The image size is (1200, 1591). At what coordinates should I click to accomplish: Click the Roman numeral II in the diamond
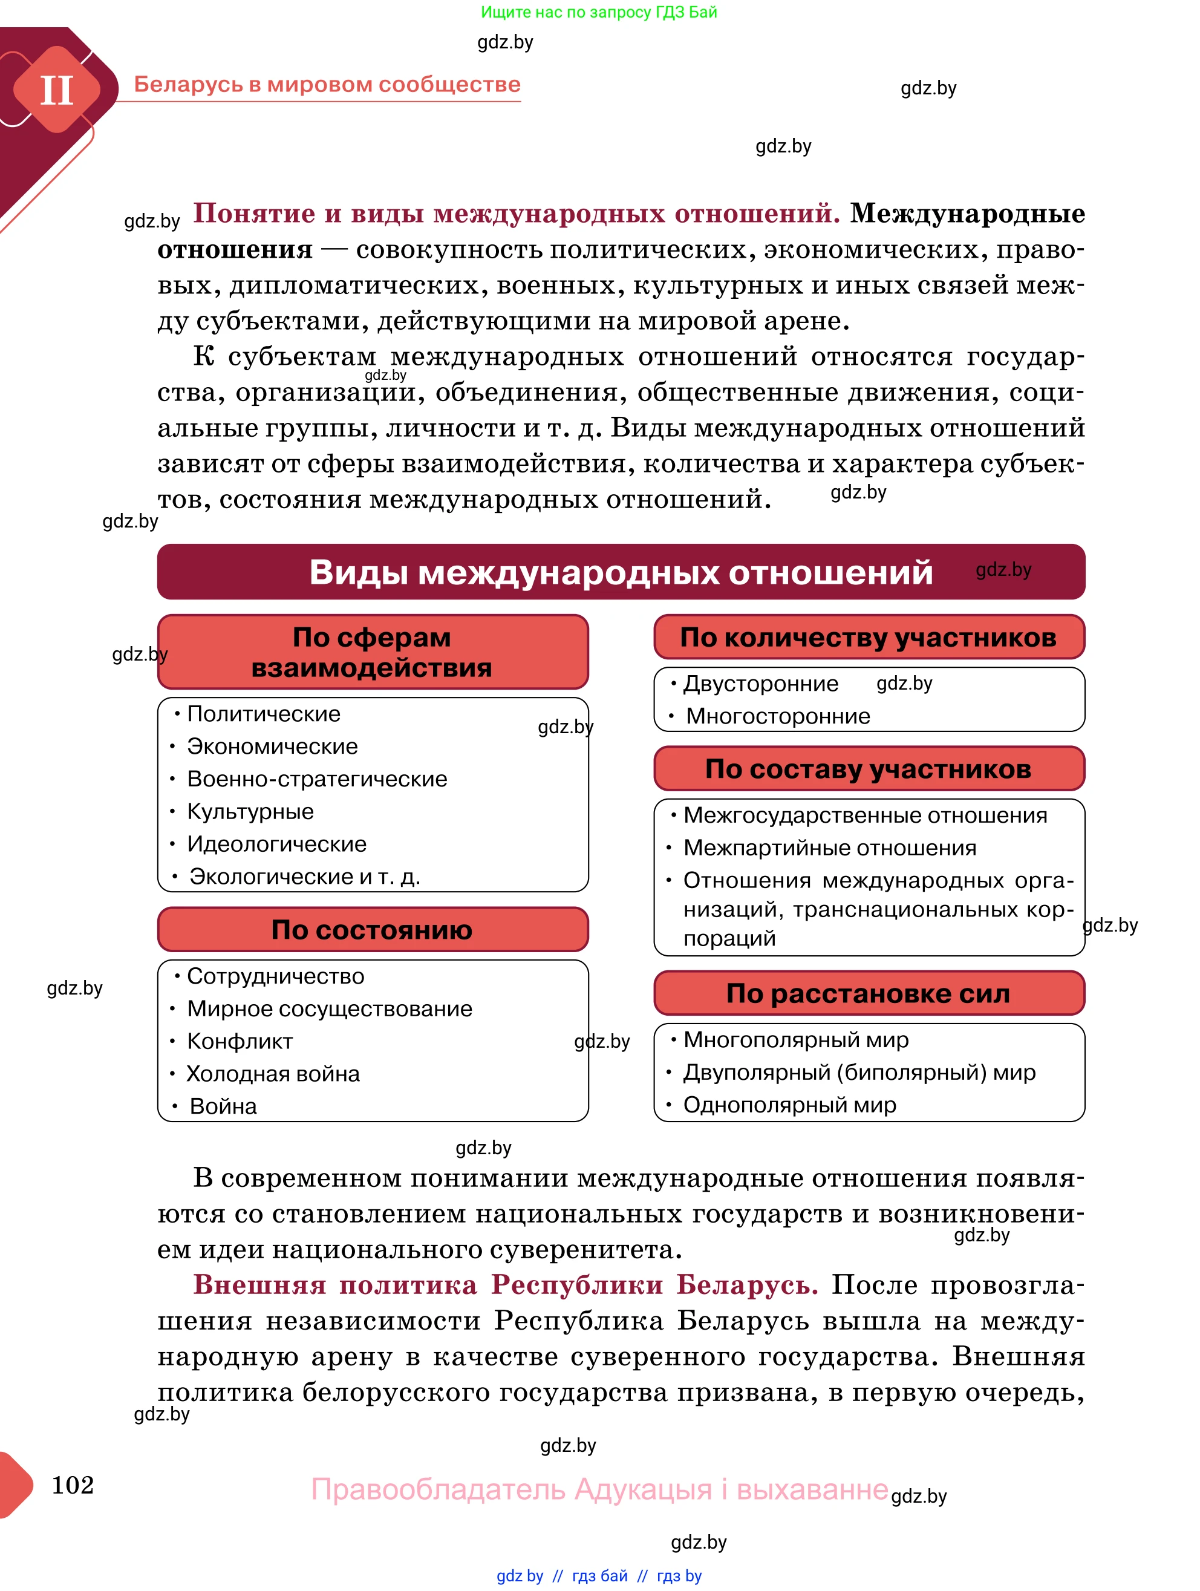(x=56, y=91)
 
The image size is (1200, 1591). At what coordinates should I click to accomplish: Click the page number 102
(x=73, y=1485)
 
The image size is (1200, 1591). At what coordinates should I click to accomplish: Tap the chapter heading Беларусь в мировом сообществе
(x=327, y=84)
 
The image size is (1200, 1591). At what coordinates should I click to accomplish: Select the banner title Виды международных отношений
(x=621, y=572)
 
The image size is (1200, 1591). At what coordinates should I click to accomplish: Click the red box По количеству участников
(x=868, y=637)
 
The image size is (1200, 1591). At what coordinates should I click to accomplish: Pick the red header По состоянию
(x=372, y=929)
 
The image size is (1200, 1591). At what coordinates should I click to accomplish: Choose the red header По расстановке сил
(x=868, y=993)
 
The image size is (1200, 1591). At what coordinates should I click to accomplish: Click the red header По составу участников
(x=868, y=769)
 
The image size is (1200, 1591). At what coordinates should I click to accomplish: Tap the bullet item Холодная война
(x=273, y=1074)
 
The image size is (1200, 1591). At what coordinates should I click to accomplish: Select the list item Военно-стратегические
(x=316, y=779)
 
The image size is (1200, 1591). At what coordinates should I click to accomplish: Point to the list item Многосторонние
(x=777, y=716)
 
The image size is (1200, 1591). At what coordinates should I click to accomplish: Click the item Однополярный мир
(x=789, y=1105)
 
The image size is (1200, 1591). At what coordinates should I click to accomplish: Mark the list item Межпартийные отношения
(x=829, y=848)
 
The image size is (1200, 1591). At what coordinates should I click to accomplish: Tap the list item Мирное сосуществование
(x=329, y=1009)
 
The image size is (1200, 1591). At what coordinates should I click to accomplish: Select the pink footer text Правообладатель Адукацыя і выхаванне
(x=599, y=1489)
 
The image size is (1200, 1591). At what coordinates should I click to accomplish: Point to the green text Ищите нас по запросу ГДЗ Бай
(x=598, y=12)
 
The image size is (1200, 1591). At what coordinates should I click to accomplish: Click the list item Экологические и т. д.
(x=304, y=877)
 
